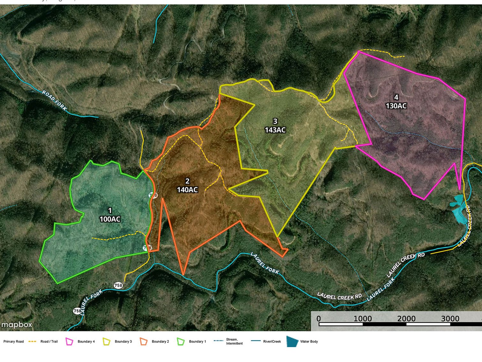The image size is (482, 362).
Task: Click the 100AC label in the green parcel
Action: [110, 219]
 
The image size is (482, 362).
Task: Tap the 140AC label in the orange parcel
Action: [187, 190]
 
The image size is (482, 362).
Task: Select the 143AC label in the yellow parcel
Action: [275, 130]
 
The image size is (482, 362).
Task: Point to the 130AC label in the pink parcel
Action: [396, 106]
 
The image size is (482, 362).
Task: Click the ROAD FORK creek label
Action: [54, 100]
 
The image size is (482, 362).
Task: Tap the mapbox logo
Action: [17, 325]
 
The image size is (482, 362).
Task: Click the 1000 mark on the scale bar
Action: [363, 319]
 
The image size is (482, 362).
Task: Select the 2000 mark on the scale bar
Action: [406, 319]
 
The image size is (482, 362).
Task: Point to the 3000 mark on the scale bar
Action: [450, 319]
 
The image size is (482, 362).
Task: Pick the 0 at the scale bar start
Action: [319, 319]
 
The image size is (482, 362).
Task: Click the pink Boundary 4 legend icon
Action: [69, 342]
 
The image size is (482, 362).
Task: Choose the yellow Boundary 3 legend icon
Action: [107, 342]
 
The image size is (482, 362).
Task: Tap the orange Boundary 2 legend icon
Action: [144, 342]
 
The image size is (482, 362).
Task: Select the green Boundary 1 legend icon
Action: [181, 342]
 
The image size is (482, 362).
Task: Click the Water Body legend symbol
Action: [292, 341]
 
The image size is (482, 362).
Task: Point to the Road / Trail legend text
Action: [49, 342]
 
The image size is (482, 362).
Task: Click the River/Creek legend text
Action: [272, 342]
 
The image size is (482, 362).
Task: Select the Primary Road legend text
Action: [13, 342]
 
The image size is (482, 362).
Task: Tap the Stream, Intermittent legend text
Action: [234, 342]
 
